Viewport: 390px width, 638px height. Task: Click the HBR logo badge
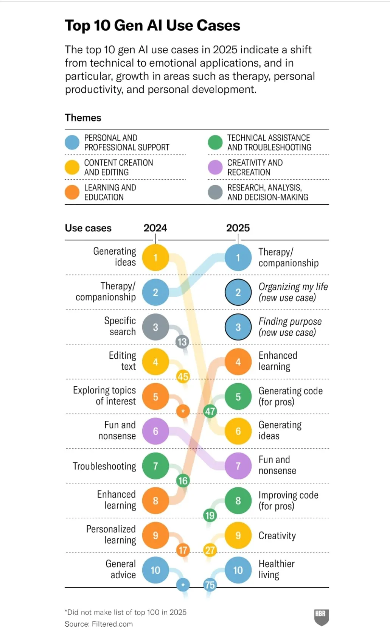click(x=322, y=617)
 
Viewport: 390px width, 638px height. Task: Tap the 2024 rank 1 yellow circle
click(x=155, y=258)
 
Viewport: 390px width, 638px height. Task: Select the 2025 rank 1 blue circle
click(x=238, y=258)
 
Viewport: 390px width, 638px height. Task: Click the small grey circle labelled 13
click(x=182, y=342)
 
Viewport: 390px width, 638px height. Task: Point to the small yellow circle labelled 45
click(x=183, y=377)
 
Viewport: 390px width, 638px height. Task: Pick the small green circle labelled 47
click(x=210, y=411)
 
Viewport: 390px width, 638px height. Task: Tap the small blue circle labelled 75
click(x=210, y=585)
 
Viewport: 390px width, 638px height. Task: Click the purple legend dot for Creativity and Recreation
click(x=215, y=167)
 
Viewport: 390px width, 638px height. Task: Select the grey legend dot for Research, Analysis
click(x=215, y=192)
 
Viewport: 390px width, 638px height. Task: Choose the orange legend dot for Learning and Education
click(x=72, y=192)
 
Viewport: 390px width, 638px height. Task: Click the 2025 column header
click(x=238, y=228)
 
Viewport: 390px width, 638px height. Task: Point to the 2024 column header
click(x=155, y=228)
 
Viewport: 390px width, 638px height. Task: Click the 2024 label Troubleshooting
click(x=104, y=466)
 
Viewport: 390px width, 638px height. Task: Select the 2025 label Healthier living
click(x=277, y=569)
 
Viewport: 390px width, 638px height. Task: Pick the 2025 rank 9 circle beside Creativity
click(x=238, y=535)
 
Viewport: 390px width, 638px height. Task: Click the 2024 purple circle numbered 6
click(x=155, y=431)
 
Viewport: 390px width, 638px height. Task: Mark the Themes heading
click(x=83, y=118)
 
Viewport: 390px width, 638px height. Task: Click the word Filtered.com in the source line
click(x=112, y=624)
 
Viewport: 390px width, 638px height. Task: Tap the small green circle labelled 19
click(x=210, y=515)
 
